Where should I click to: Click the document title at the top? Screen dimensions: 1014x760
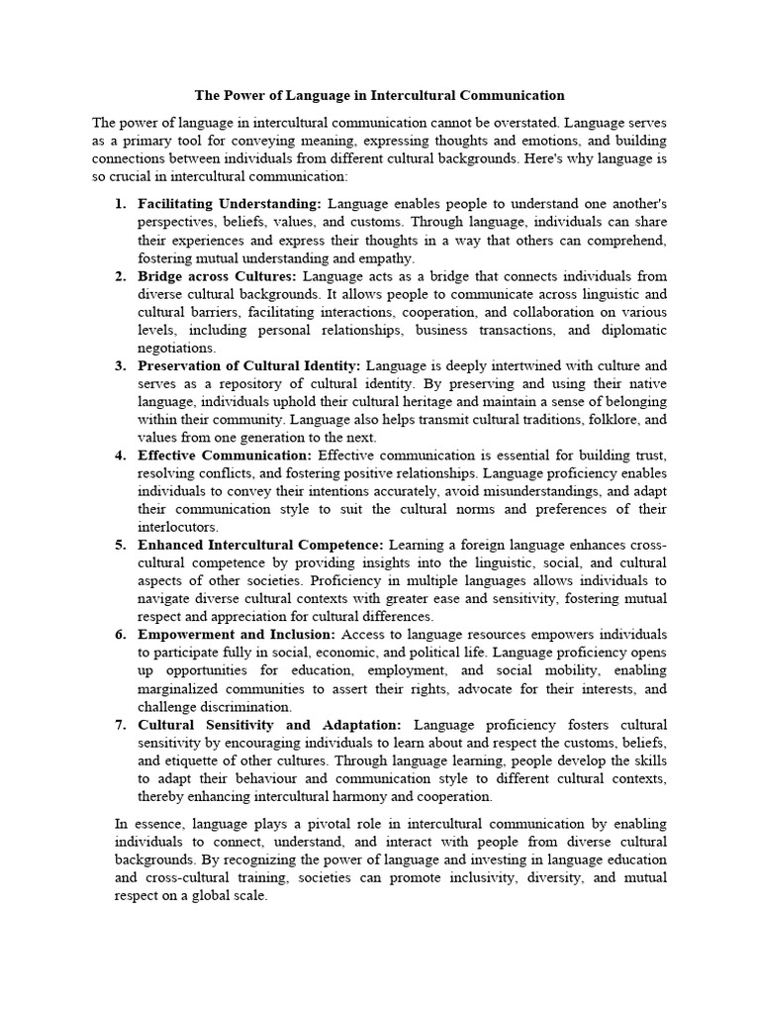click(x=379, y=96)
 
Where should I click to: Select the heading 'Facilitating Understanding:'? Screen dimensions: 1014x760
click(x=216, y=203)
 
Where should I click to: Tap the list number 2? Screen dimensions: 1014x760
click(x=119, y=276)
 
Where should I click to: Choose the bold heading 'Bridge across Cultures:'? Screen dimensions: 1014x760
click(x=217, y=276)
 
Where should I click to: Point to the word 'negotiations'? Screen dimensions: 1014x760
click(x=176, y=348)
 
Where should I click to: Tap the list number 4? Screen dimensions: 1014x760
click(x=119, y=456)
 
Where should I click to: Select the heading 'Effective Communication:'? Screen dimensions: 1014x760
click(x=225, y=456)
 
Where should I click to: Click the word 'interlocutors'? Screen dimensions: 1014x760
click(x=177, y=527)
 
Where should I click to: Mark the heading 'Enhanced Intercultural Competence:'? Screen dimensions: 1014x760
click(x=260, y=545)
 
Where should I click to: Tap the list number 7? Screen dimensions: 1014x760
click(x=119, y=725)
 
